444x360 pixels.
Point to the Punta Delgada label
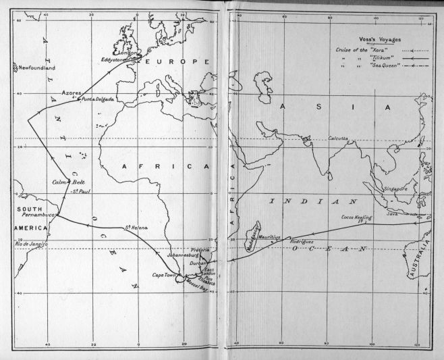(x=98, y=99)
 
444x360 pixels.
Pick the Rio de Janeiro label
(x=21, y=244)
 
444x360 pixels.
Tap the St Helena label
(x=137, y=227)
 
